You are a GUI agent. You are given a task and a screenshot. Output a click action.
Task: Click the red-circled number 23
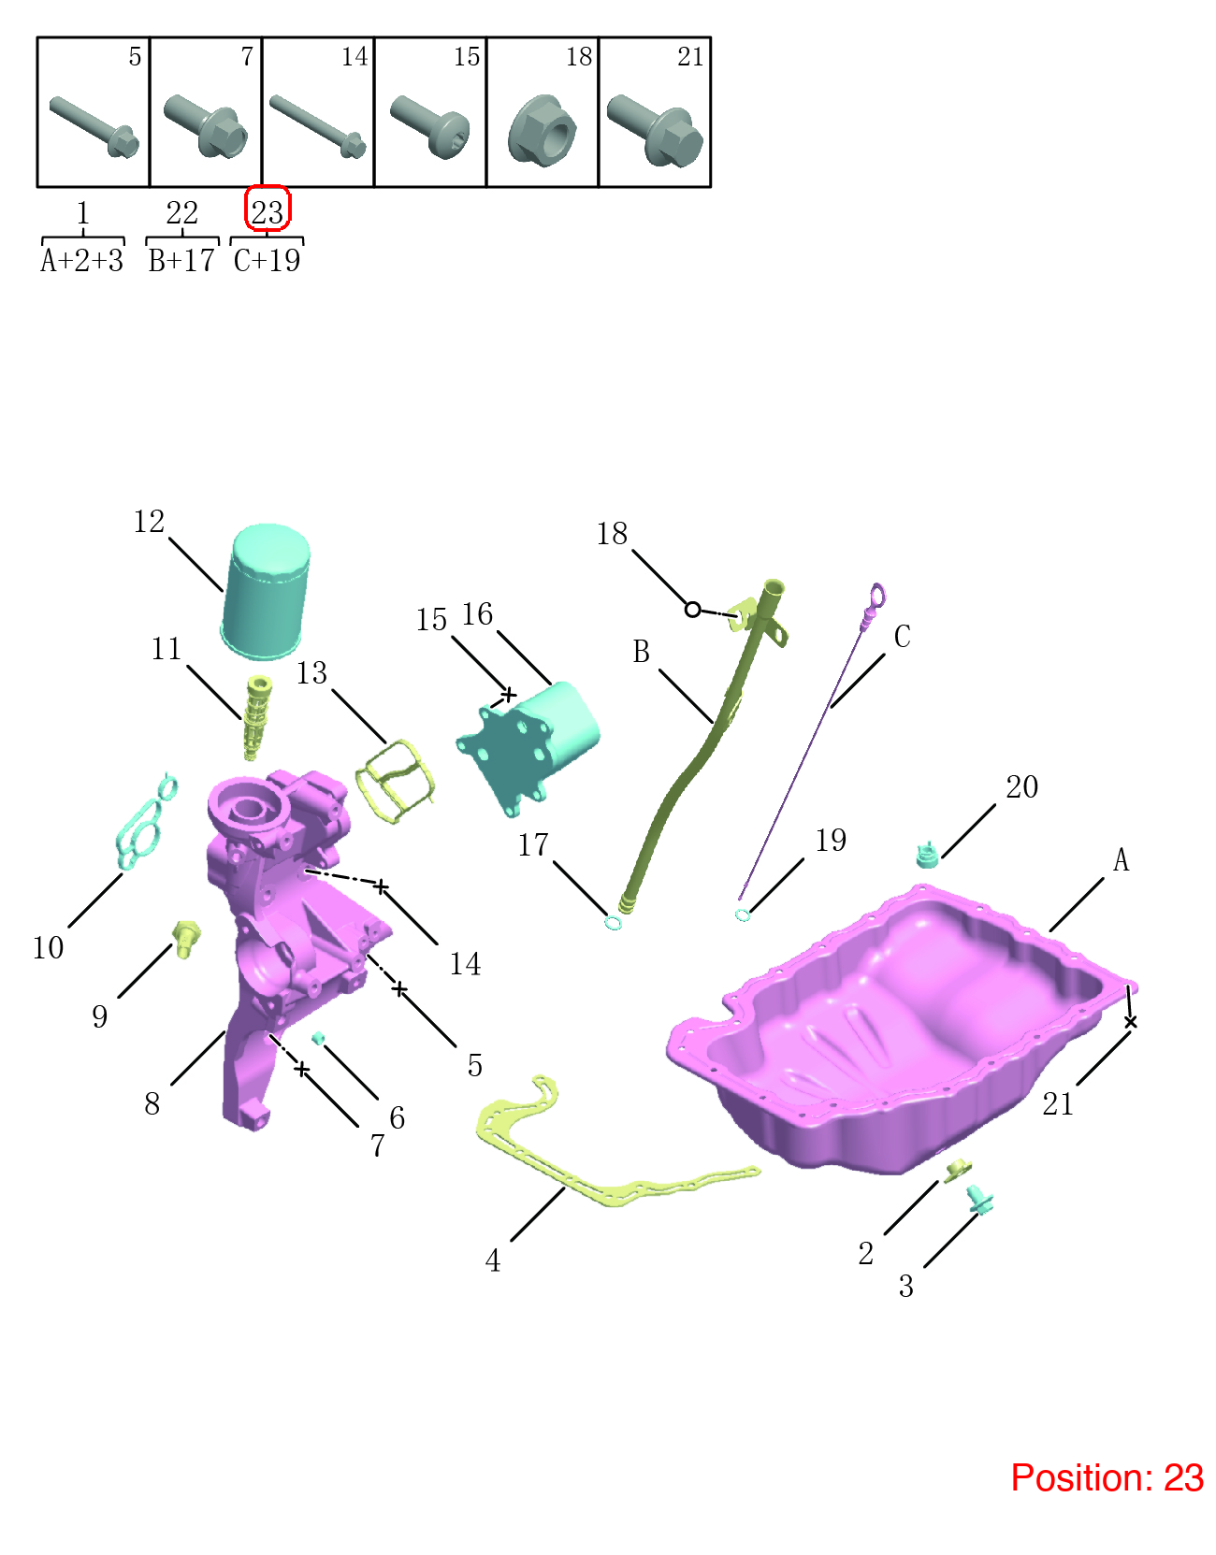click(267, 212)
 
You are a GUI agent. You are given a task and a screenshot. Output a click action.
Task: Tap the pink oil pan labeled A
click(901, 1029)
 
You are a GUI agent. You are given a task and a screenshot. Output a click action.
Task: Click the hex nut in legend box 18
click(543, 130)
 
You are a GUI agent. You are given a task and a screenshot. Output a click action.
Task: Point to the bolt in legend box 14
click(318, 126)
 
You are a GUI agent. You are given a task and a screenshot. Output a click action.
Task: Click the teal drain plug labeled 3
click(979, 1200)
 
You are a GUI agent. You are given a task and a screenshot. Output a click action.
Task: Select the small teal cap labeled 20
click(927, 855)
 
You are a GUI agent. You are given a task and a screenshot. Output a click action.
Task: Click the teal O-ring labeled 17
click(613, 922)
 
